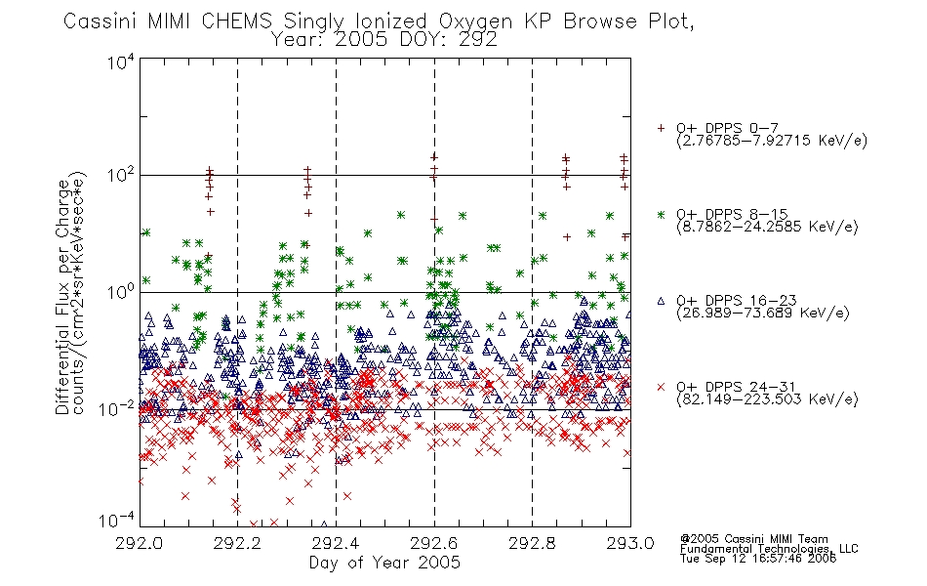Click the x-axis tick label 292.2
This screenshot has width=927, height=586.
(x=237, y=543)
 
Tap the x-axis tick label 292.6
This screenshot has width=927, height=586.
(x=434, y=543)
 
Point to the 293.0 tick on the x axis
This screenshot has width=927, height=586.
(x=630, y=543)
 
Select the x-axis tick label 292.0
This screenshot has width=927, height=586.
(x=139, y=543)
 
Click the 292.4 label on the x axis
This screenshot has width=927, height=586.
(x=336, y=543)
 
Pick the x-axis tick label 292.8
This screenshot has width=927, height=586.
(x=532, y=543)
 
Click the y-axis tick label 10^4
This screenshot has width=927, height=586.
(x=121, y=62)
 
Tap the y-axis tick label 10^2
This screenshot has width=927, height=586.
(x=121, y=175)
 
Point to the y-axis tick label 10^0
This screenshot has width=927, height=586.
(x=121, y=292)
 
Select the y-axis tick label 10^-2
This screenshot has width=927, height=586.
(x=118, y=408)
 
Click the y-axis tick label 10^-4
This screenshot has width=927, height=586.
(x=118, y=521)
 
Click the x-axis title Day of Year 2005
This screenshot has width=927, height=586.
(x=384, y=563)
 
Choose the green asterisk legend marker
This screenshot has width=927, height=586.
(x=661, y=214)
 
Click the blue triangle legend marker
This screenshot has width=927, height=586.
(x=661, y=301)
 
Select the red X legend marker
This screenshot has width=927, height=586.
(x=661, y=387)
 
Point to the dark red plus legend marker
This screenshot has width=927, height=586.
(x=661, y=128)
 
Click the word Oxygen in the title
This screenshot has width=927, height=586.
(x=476, y=21)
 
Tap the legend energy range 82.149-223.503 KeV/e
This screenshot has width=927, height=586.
(x=767, y=399)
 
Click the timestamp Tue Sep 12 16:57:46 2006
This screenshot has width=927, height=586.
(x=758, y=559)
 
